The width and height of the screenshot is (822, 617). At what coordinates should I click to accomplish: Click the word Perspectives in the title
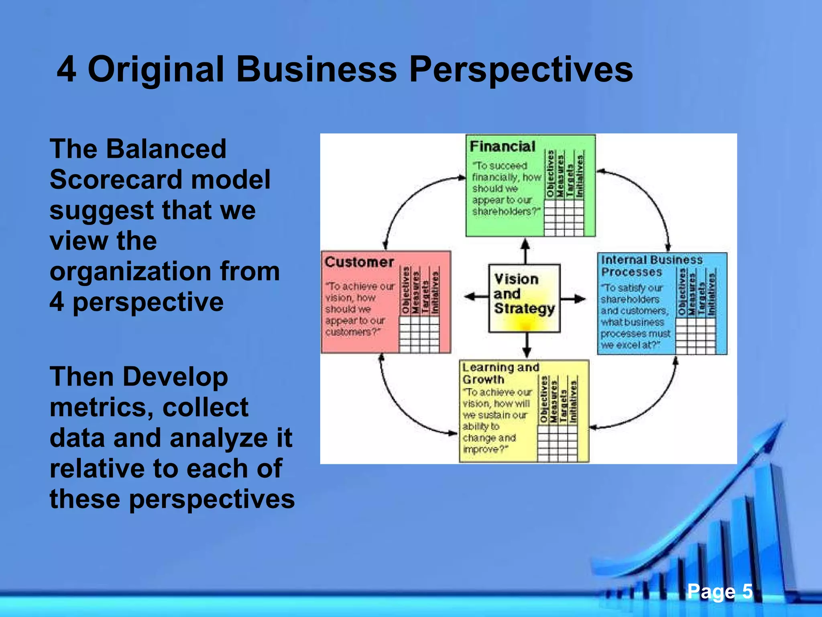521,69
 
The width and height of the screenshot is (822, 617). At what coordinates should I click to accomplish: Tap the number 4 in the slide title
67,69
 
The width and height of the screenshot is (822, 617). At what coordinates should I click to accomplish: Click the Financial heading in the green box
502,146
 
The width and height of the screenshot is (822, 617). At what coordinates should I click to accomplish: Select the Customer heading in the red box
359,262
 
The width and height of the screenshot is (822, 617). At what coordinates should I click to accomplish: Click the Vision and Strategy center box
524,298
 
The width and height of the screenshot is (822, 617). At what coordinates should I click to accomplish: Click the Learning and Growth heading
500,373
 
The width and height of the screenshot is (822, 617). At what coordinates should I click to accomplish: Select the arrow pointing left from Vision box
476,297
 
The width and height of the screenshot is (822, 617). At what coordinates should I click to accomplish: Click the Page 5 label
719,591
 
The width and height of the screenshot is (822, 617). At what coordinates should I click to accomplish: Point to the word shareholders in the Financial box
505,211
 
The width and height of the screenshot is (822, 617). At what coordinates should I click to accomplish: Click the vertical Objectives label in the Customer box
405,290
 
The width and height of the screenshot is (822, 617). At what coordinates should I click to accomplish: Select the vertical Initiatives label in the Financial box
579,176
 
